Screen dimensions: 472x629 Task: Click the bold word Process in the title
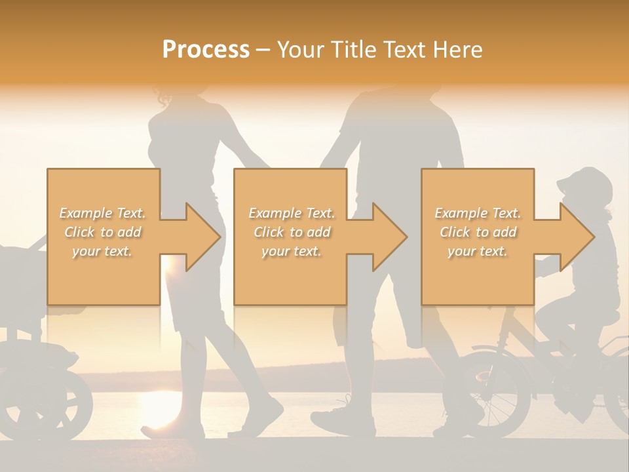click(x=206, y=50)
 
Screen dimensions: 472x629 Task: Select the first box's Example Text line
click(x=103, y=213)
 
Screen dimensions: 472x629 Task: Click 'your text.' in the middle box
click(x=292, y=251)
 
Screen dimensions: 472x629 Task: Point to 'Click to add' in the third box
click(x=478, y=232)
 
